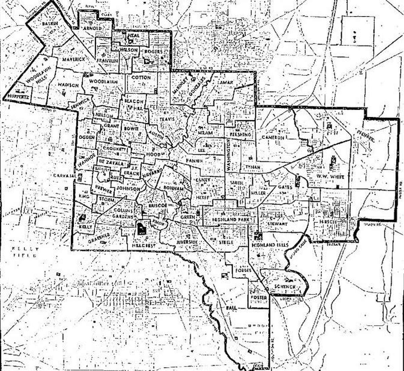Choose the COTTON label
[x=141, y=77]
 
